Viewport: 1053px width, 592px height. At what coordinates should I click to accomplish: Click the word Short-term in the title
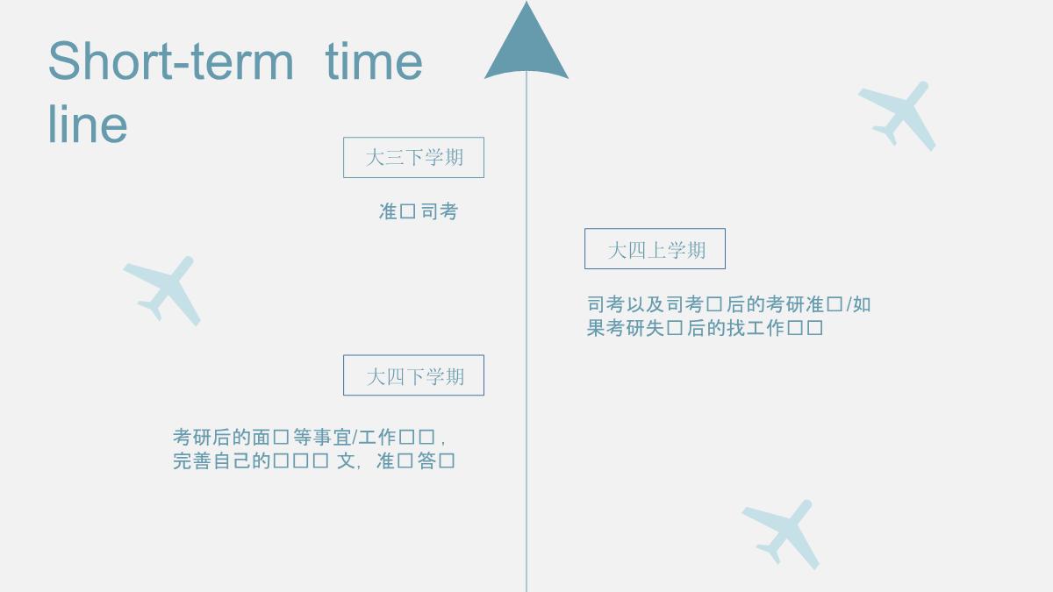[x=170, y=61]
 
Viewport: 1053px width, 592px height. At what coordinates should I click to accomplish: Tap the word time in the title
[x=374, y=61]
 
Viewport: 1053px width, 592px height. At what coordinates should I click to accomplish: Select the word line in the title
[x=88, y=125]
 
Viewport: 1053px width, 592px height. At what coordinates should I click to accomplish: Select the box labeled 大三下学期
[x=413, y=158]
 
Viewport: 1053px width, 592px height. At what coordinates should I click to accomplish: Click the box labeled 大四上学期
[x=655, y=249]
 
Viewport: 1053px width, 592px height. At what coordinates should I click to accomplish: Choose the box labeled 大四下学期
[x=413, y=375]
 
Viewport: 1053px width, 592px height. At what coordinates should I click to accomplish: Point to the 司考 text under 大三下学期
[x=440, y=211]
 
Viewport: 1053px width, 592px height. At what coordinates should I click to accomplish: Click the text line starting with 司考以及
[x=728, y=304]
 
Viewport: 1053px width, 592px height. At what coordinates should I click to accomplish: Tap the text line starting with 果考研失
[x=705, y=328]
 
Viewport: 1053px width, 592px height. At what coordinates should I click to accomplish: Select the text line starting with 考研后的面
[x=311, y=437]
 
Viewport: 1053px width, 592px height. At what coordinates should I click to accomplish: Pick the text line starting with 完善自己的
[x=313, y=460]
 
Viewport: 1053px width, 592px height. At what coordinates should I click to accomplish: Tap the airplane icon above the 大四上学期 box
[x=898, y=114]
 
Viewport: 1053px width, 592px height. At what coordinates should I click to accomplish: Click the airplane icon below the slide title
[x=163, y=289]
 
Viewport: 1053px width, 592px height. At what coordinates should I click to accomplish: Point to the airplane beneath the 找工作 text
[x=781, y=532]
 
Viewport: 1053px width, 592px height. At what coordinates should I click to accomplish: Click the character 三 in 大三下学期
[x=395, y=158]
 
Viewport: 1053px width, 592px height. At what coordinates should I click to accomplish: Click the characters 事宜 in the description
[x=333, y=437]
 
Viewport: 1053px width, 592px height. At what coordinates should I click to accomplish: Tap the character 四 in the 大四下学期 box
[x=396, y=376]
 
